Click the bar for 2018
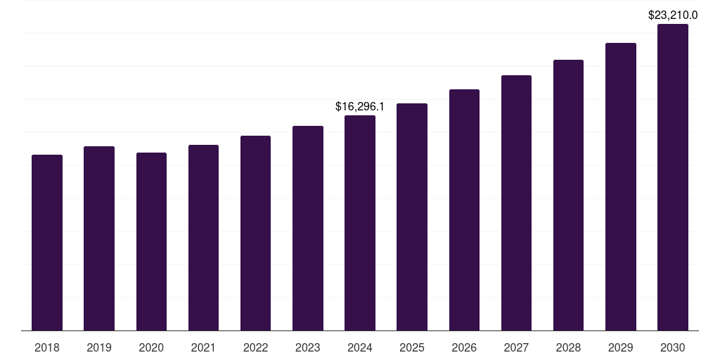click(47, 243)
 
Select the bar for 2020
click(151, 241)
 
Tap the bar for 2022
click(255, 233)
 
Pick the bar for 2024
click(360, 223)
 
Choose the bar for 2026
click(464, 210)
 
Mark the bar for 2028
click(568, 195)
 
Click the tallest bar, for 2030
click(672, 177)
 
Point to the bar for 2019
click(99, 238)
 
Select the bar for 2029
click(620, 186)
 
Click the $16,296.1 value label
click(360, 107)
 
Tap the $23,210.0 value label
click(672, 15)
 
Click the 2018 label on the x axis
click(47, 347)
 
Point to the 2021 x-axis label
click(203, 347)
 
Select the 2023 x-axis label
click(307, 347)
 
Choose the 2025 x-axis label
click(412, 347)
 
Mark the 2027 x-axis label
click(516, 347)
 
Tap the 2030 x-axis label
click(672, 347)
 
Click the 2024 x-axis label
click(360, 347)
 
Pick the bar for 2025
click(412, 217)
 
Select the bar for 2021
click(203, 238)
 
